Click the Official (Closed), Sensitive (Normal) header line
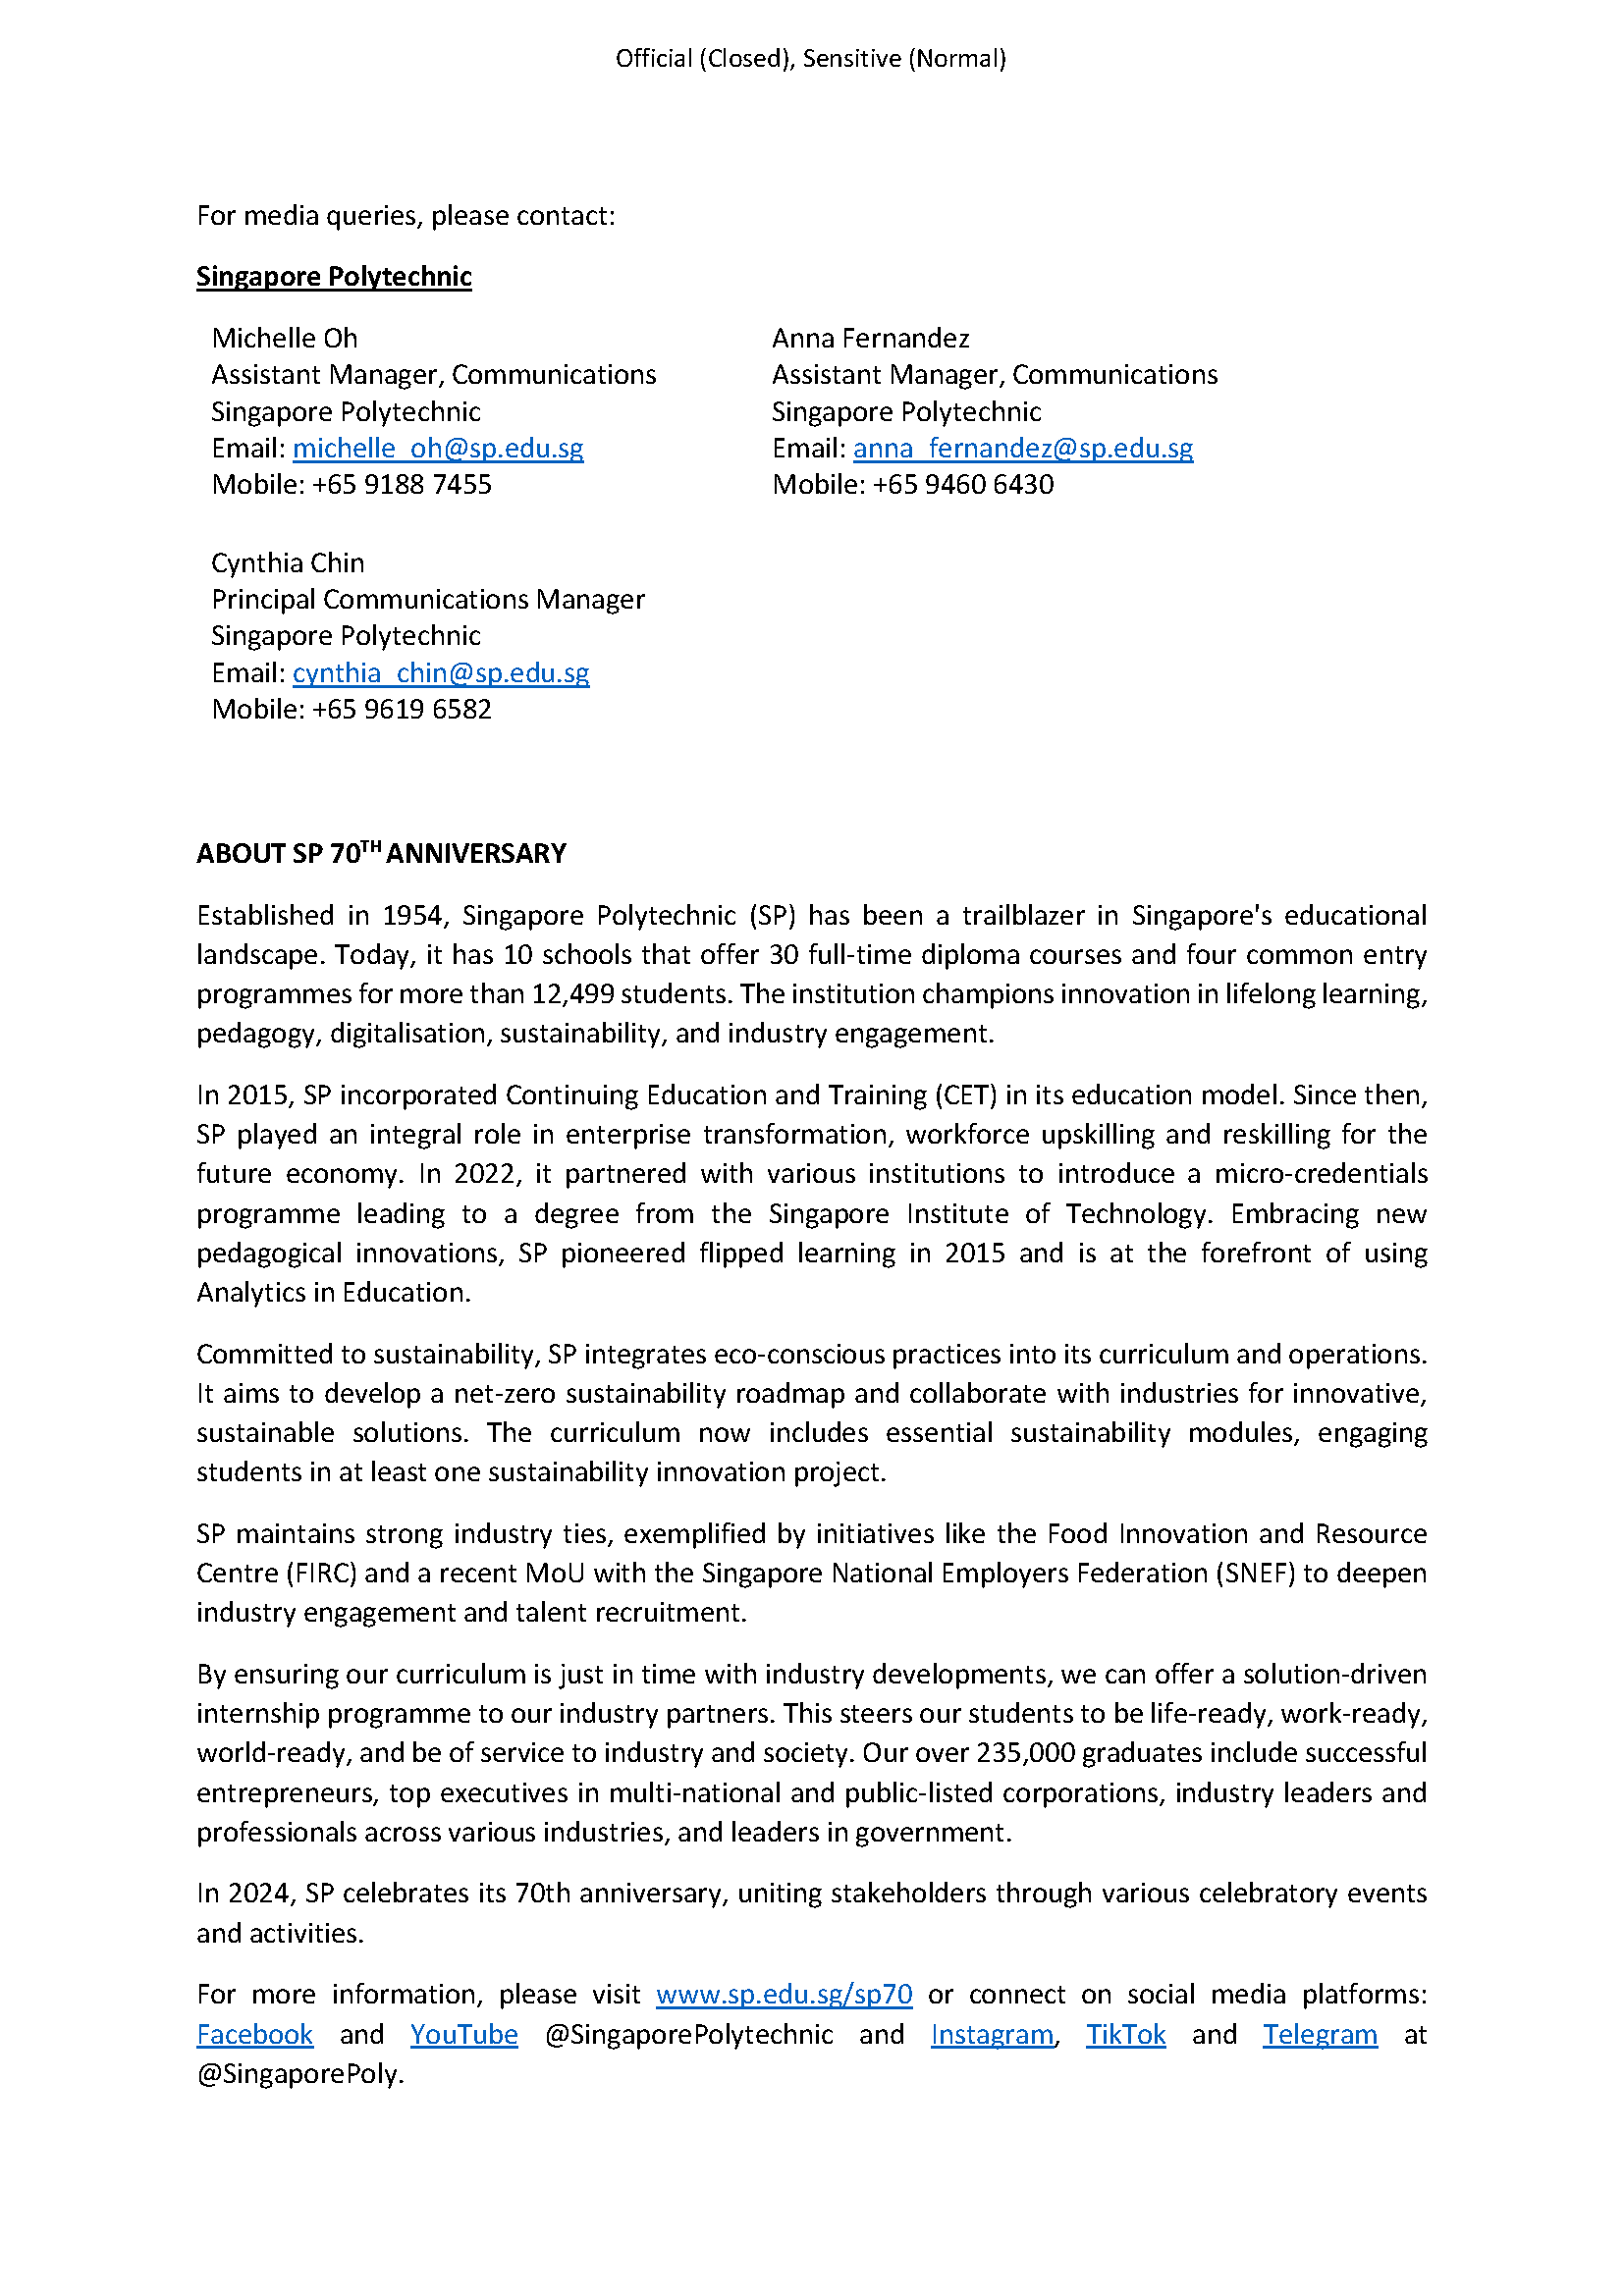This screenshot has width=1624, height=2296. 810,58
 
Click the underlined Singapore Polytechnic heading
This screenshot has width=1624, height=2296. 333,276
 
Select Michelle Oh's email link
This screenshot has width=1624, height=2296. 437,448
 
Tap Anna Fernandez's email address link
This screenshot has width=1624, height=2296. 1022,448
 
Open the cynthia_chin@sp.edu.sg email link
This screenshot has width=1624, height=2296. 440,672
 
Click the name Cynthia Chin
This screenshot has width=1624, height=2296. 288,562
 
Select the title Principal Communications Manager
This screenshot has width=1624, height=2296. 427,599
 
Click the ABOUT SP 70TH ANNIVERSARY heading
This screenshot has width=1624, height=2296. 381,853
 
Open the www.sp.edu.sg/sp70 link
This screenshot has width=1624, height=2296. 783,1994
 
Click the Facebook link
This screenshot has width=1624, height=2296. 254,2034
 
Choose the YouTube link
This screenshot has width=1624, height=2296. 463,2034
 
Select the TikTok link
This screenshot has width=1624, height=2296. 1125,2034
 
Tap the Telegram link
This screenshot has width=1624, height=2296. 1319,2034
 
